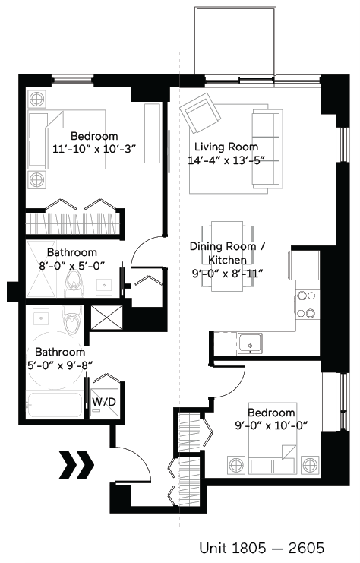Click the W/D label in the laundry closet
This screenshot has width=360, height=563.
102,400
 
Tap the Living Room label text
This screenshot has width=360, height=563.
226,147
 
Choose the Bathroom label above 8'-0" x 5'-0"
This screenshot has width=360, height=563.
72,252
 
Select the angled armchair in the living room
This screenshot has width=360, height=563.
199,113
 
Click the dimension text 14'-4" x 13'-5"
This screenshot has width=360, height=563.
226,160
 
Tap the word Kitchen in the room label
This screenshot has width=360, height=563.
229,260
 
